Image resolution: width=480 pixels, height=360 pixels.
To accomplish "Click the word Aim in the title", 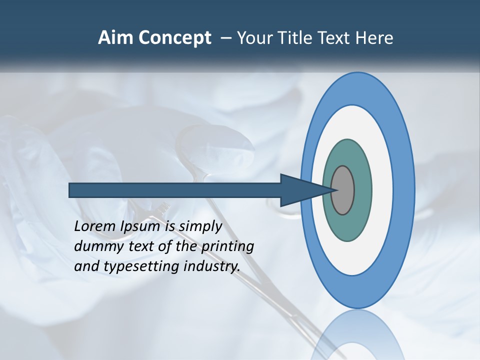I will [114, 38].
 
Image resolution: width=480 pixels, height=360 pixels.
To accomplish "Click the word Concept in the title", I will [173, 38].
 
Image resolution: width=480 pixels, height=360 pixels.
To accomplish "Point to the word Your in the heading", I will [254, 38].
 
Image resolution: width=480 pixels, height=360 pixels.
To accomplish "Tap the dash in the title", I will [225, 38].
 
